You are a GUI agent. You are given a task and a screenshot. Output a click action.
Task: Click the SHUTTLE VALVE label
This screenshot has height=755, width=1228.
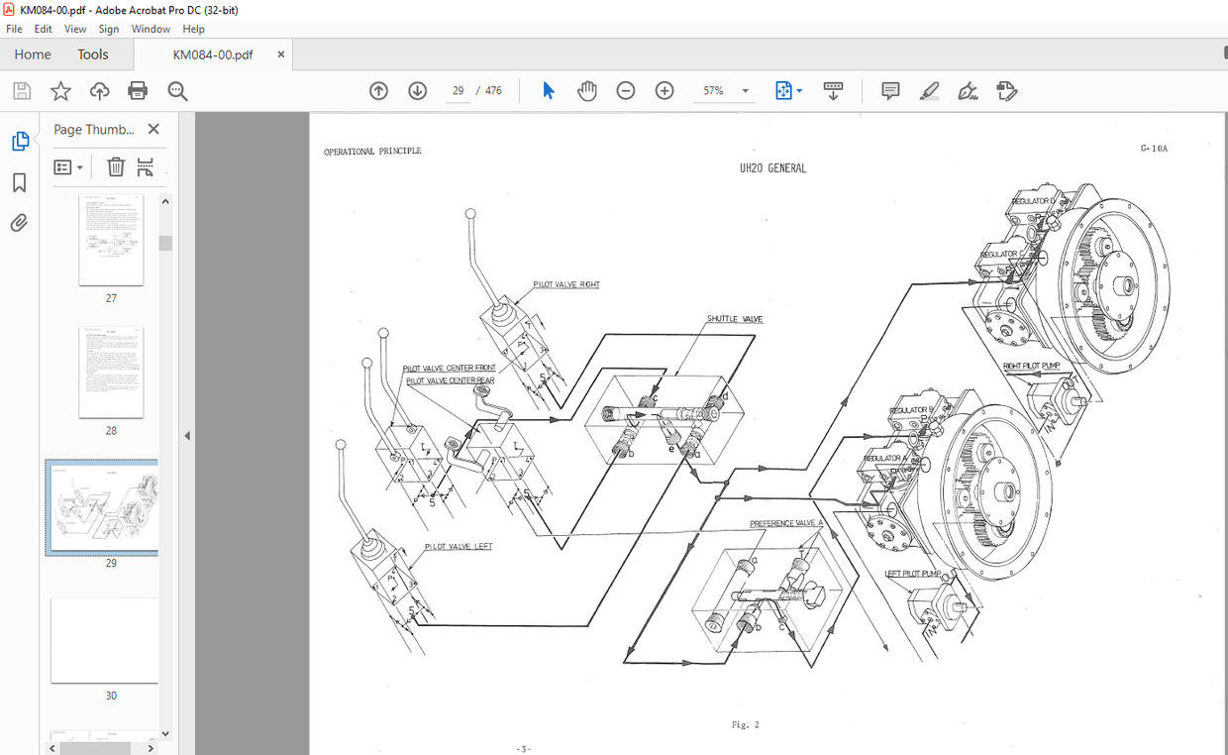(735, 319)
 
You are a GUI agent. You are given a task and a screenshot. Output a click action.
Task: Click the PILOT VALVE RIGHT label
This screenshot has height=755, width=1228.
(566, 284)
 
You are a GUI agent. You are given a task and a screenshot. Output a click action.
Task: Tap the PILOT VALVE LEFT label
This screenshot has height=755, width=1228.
(458, 546)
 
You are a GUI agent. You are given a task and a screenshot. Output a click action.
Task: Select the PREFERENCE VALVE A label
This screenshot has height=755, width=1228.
(786, 523)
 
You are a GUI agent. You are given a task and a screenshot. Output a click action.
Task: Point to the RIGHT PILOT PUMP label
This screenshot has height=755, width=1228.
(1031, 366)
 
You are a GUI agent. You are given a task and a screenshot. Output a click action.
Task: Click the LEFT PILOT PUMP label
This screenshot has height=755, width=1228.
(913, 574)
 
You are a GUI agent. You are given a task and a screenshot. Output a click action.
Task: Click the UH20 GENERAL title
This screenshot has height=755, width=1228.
(772, 168)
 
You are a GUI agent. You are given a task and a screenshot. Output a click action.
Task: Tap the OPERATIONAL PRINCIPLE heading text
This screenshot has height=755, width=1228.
(372, 152)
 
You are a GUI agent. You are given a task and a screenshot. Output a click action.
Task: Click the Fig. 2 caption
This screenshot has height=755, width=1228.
(745, 725)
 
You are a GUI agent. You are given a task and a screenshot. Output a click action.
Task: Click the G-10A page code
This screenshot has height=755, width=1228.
(1154, 149)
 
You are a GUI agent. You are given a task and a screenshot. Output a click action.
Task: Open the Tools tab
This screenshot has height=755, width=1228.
(93, 54)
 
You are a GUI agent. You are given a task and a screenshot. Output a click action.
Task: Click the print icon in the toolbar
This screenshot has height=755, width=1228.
(138, 91)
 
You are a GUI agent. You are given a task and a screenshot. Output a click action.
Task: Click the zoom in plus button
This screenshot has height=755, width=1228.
(665, 91)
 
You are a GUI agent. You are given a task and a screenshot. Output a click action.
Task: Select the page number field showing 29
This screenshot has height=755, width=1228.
(458, 91)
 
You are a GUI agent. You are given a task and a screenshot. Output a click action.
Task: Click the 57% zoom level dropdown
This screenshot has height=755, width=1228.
(726, 91)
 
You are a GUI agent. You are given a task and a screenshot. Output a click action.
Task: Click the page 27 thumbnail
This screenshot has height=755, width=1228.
(111, 241)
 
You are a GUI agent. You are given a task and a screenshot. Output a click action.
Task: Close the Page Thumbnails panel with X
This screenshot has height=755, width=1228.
(153, 129)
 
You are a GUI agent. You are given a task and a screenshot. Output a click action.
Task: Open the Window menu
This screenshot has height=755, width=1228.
(151, 29)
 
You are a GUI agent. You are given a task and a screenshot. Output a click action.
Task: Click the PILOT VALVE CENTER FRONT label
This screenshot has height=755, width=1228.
(450, 368)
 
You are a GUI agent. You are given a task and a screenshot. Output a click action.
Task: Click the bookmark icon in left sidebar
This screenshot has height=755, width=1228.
(19, 182)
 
